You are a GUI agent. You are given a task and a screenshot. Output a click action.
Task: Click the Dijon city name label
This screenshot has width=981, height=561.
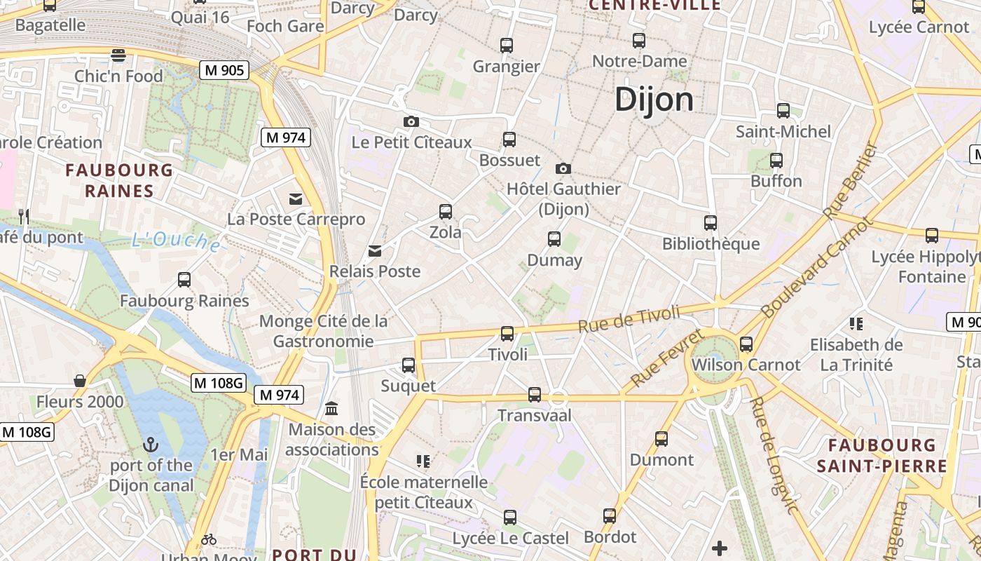tap(654, 100)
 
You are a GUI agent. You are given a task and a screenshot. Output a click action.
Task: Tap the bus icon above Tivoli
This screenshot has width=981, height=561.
tap(507, 334)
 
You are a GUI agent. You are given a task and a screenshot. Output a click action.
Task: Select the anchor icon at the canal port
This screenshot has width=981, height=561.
tap(151, 445)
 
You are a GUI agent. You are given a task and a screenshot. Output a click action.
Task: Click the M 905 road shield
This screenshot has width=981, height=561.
tap(225, 70)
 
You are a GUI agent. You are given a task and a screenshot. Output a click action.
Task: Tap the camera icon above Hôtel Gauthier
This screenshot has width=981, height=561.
tap(563, 168)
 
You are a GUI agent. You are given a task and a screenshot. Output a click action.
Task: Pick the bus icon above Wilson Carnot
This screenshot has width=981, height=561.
tap(746, 344)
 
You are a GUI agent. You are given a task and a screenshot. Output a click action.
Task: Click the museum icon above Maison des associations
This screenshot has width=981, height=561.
tap(331, 408)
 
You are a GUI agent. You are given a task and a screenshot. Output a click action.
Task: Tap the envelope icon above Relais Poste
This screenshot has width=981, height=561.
tap(375, 251)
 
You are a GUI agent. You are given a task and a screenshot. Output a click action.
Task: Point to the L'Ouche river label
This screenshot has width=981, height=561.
tap(177, 241)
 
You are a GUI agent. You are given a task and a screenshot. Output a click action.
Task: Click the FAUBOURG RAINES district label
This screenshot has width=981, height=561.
tap(119, 180)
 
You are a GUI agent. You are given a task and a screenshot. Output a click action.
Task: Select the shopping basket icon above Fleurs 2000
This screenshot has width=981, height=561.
tap(80, 381)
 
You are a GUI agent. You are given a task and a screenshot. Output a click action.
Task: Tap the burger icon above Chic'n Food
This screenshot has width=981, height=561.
tap(118, 55)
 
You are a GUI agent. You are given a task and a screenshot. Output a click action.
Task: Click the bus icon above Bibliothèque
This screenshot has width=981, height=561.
tap(711, 223)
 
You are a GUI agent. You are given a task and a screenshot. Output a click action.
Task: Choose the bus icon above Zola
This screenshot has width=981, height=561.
tap(446, 211)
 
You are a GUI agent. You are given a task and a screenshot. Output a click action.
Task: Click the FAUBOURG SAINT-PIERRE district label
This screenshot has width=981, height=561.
tap(881, 455)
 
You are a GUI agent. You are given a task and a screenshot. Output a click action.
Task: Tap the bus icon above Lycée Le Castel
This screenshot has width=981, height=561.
tap(509, 518)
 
